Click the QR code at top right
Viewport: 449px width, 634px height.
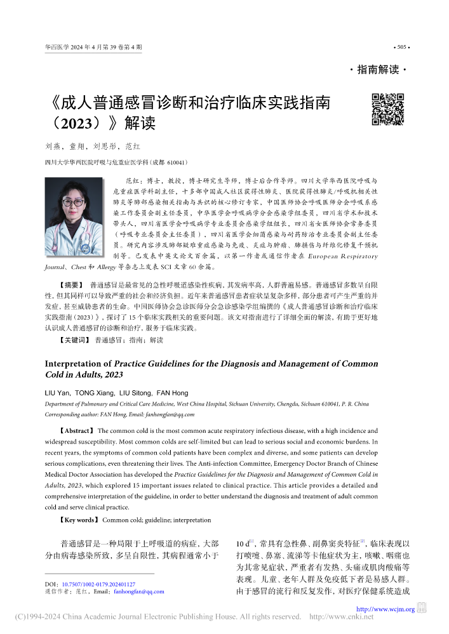[387, 109]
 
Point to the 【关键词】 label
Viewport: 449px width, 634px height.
[72, 340]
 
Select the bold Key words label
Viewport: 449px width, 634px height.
[78, 520]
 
